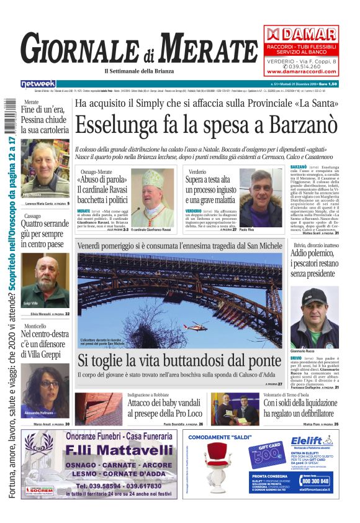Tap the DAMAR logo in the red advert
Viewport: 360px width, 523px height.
301,34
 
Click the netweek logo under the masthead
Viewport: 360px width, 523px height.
38,84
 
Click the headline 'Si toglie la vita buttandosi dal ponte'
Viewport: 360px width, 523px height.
179,360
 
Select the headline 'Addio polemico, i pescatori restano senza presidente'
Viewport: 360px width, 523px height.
315,263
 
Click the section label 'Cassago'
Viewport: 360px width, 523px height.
32,216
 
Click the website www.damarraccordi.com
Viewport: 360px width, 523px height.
301,71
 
